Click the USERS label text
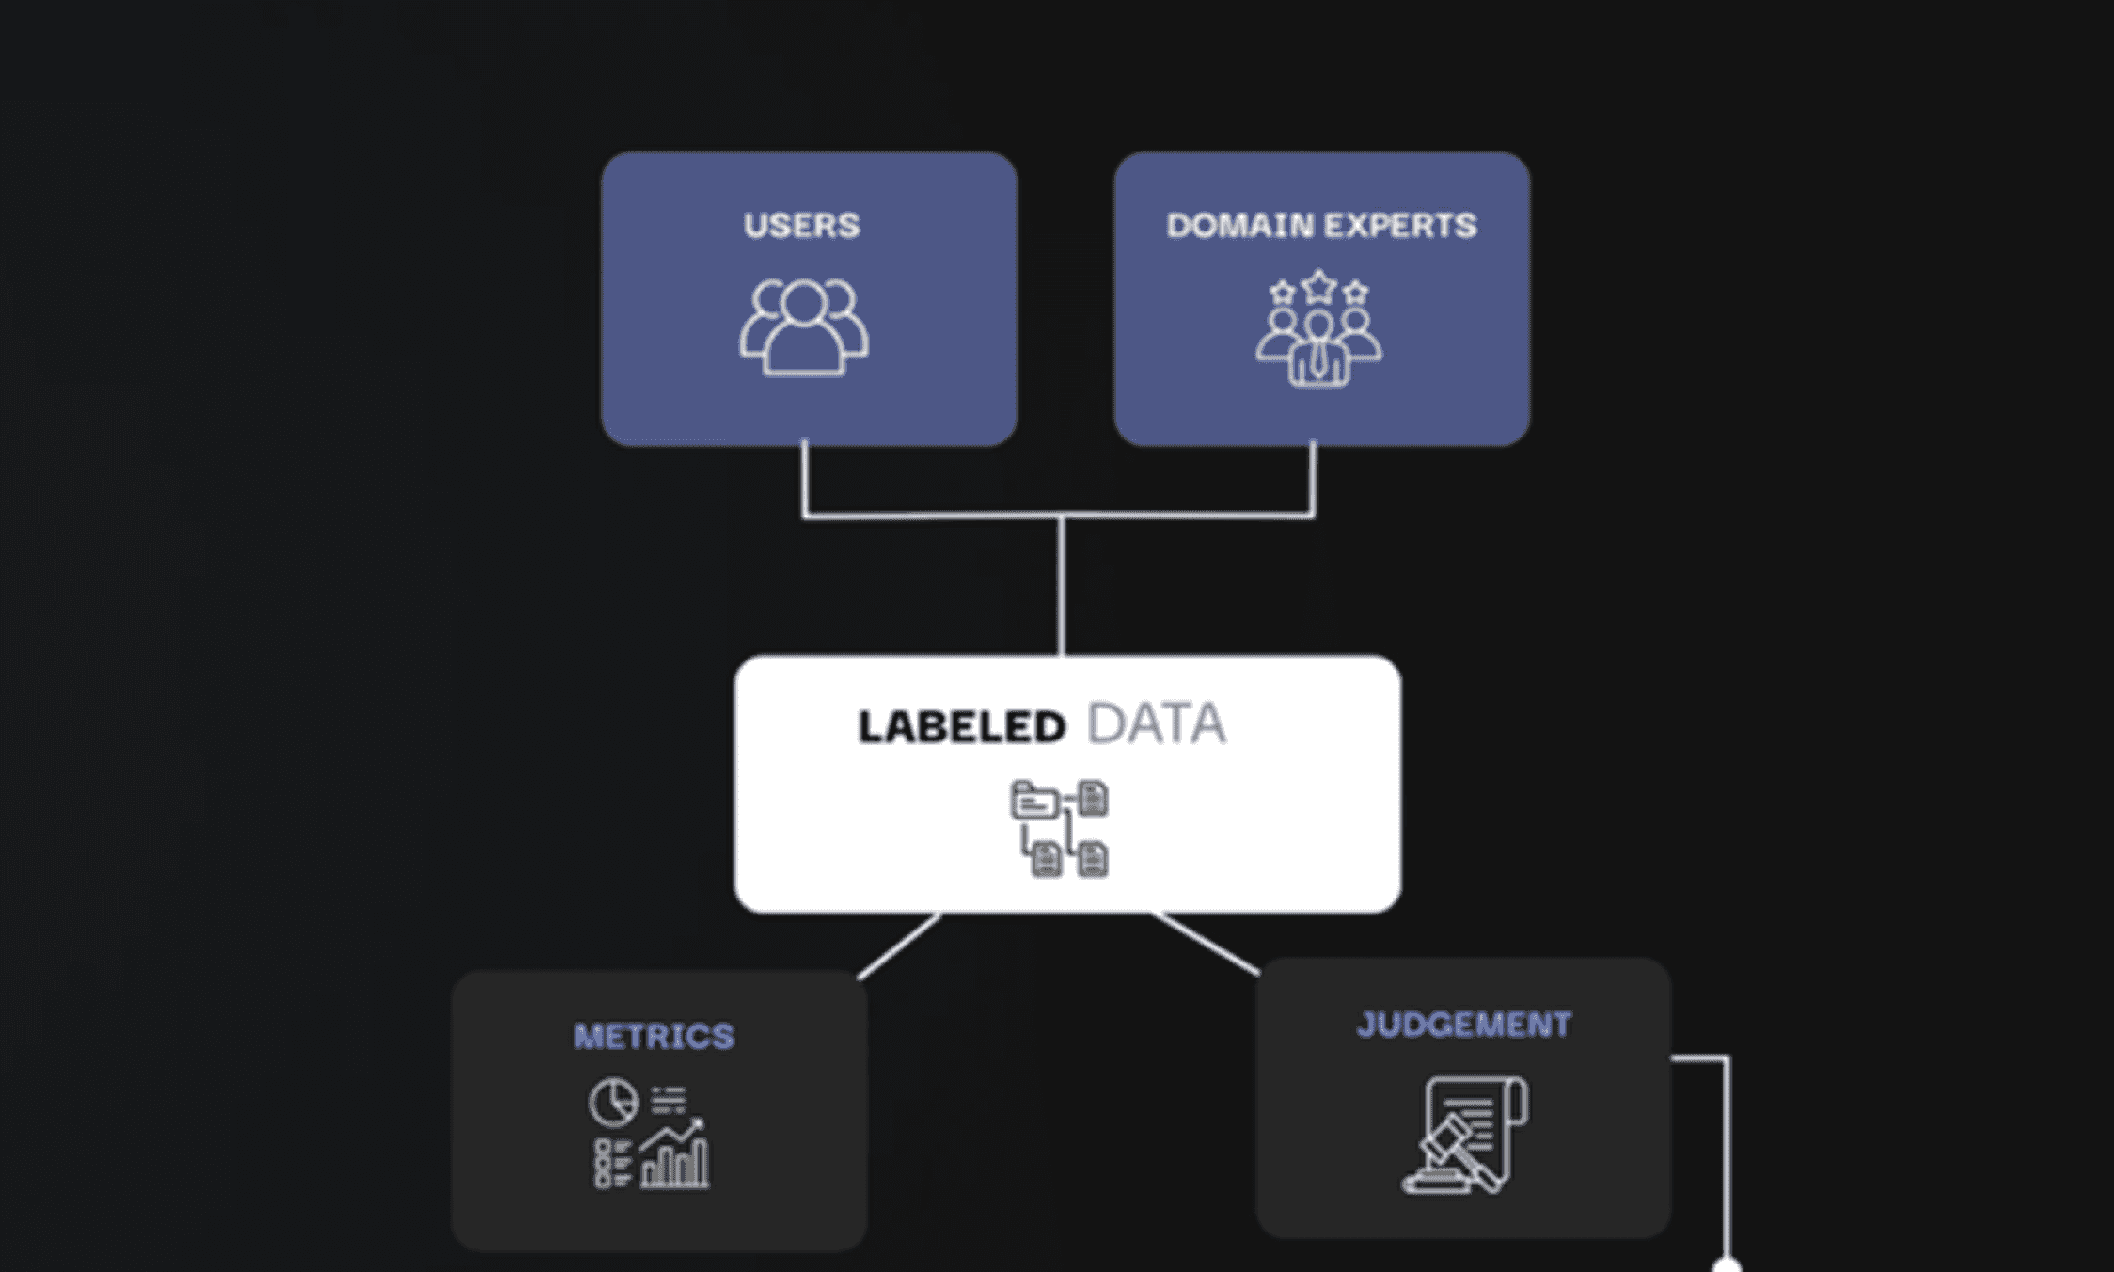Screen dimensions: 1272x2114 click(x=801, y=226)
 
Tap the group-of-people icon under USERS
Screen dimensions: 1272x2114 click(x=804, y=328)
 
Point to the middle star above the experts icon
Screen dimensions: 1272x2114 click(x=1319, y=286)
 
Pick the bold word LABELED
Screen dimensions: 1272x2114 click(x=961, y=727)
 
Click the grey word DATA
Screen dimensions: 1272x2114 click(x=1156, y=724)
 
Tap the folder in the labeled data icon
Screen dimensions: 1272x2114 click(x=1034, y=802)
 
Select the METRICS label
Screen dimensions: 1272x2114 click(x=654, y=1037)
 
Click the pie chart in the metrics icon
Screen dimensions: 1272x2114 click(x=613, y=1102)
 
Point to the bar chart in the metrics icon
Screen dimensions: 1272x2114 click(x=674, y=1162)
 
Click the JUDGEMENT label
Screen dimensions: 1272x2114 click(x=1463, y=1025)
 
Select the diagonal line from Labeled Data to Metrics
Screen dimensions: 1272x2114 click(x=898, y=946)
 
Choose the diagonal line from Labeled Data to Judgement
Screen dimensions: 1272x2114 click(x=1207, y=943)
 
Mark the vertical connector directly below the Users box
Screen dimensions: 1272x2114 click(x=804, y=478)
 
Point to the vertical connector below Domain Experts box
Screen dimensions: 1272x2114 click(x=1313, y=478)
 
